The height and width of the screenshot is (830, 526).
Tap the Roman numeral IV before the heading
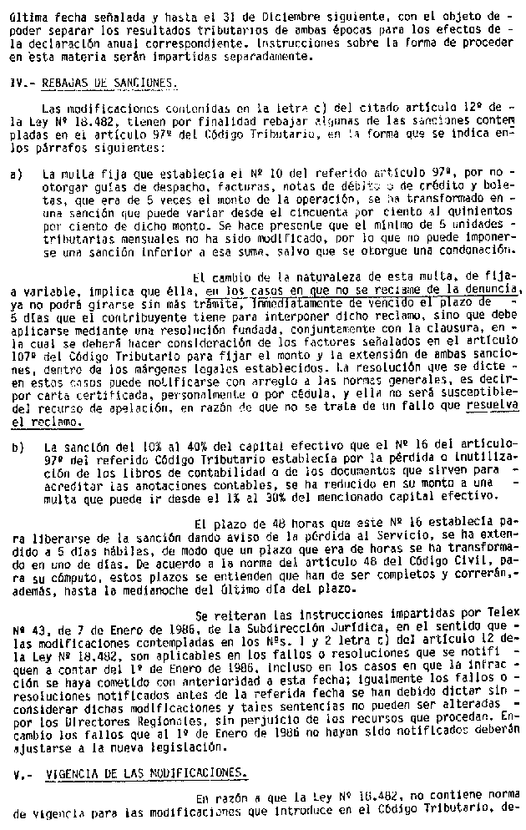18,84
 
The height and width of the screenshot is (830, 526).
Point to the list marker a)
16,176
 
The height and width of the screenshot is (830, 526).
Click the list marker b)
16,447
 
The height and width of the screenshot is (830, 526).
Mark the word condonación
473,251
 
